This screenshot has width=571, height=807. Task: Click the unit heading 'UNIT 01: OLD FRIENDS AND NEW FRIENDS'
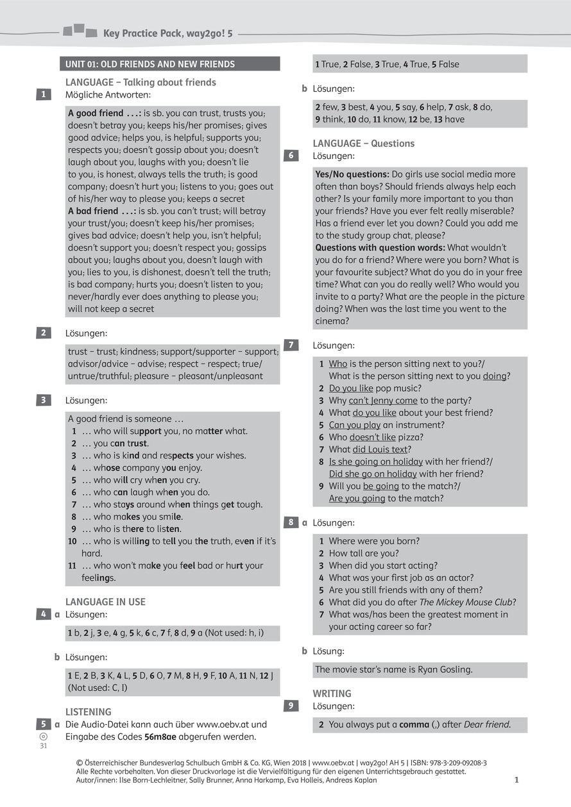(150, 64)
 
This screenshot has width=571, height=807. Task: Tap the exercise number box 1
(43, 94)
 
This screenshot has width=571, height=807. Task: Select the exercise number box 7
(291, 345)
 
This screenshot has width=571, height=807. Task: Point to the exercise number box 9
(291, 706)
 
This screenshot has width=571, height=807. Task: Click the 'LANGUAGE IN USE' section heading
(105, 602)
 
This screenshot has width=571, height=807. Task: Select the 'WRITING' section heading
(332, 694)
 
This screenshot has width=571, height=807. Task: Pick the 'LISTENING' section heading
(89, 712)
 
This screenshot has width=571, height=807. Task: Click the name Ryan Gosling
(445, 670)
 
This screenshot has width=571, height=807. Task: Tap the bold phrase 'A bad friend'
(93, 211)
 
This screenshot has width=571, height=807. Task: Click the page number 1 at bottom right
(516, 780)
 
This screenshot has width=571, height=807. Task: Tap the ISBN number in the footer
(453, 763)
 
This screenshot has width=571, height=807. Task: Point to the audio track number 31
(44, 746)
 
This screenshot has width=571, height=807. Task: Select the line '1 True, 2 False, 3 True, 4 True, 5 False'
(387, 64)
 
